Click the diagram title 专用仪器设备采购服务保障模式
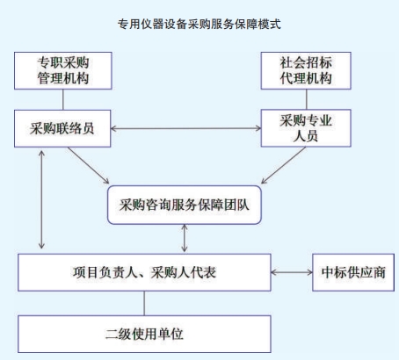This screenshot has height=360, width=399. click(199, 25)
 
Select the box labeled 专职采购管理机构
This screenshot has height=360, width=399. click(63, 70)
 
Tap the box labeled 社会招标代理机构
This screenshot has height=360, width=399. click(306, 70)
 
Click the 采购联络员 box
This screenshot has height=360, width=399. click(62, 128)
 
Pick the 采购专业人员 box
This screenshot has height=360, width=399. click(306, 128)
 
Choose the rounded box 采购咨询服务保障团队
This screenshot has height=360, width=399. click(185, 205)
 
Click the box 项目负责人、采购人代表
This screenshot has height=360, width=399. click(144, 272)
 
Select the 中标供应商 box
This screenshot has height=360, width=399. click(353, 272)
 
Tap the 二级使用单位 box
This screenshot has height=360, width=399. click(144, 334)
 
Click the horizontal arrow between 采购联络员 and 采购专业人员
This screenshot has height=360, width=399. click(185, 128)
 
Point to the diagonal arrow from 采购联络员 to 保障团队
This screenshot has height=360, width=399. click(89, 165)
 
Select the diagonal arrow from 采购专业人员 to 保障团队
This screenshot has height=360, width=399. click(283, 165)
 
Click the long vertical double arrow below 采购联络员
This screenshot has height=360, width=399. click(41, 199)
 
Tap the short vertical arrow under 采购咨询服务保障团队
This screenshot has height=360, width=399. click(185, 238)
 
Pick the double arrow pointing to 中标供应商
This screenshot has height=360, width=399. click(292, 272)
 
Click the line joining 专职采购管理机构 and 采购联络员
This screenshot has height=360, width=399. click(63, 99)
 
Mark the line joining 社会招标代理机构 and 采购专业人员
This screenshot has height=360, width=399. click(307, 99)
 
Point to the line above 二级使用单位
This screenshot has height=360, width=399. click(144, 303)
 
